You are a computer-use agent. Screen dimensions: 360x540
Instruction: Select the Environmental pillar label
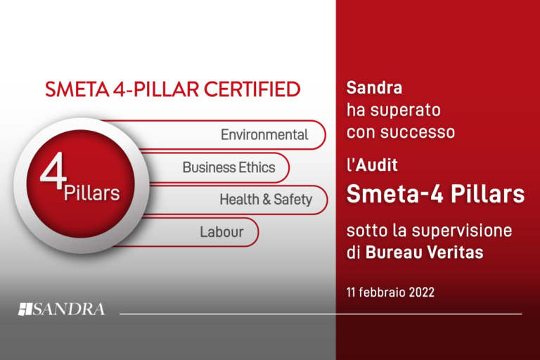click(264, 134)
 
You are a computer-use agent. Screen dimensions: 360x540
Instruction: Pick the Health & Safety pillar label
click(265, 200)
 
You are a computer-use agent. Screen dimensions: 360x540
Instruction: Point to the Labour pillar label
click(221, 231)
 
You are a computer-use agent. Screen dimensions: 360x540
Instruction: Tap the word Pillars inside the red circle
click(91, 193)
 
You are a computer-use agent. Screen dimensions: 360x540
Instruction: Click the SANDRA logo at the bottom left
click(61, 309)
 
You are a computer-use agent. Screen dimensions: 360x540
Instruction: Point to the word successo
click(420, 131)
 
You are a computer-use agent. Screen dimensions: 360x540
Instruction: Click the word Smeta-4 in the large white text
click(394, 194)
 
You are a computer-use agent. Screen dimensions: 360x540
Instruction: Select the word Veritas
click(457, 252)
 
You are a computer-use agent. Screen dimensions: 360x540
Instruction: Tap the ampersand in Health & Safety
click(266, 200)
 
